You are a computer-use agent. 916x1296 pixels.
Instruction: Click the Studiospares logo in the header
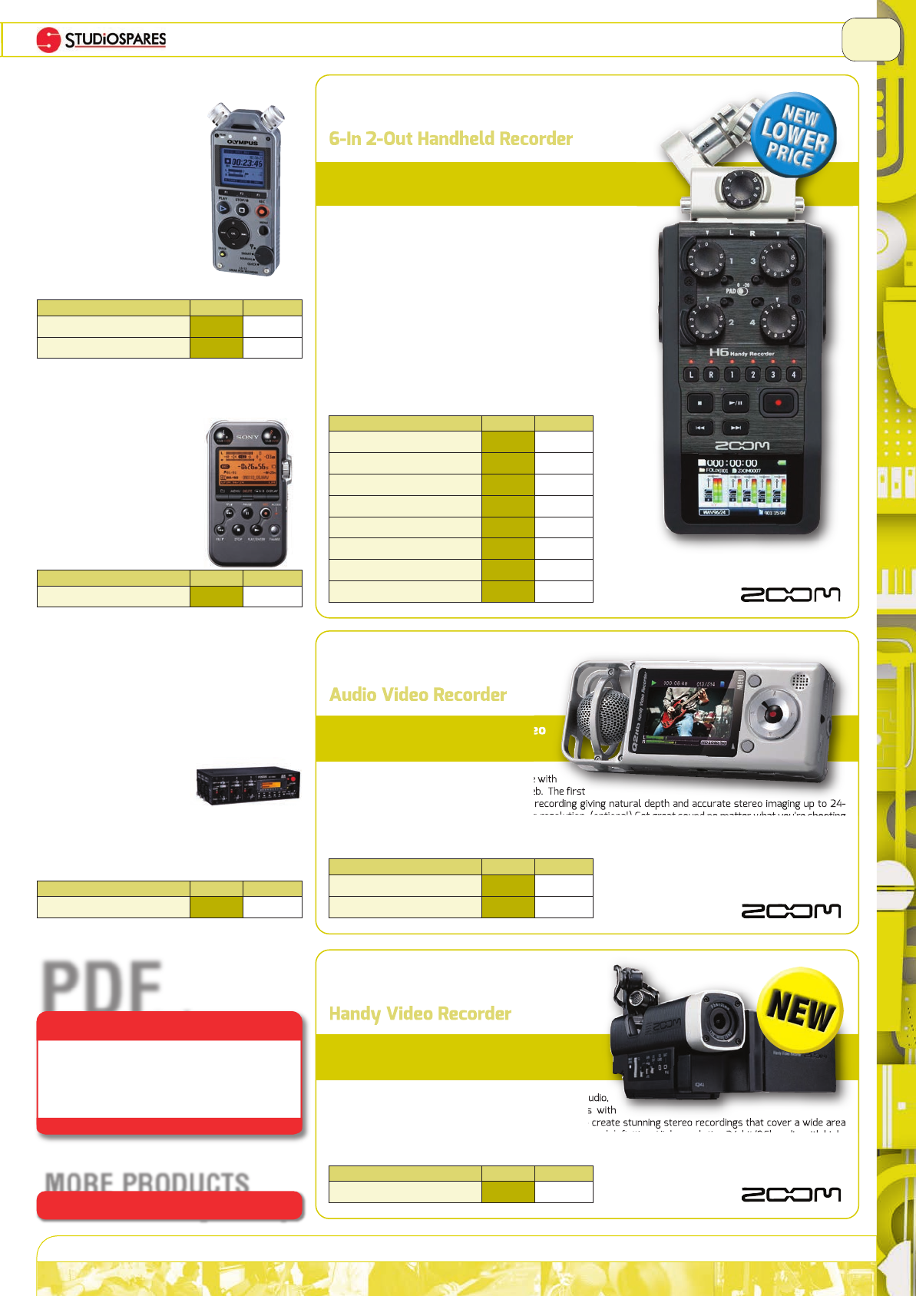[101, 39]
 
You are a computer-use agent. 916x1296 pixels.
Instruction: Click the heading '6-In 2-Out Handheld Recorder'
[451, 139]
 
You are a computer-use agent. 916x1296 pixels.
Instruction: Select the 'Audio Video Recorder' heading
[418, 695]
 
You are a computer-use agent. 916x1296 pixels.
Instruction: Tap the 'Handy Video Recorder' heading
[420, 1013]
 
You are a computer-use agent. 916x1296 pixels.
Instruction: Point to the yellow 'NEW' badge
[800, 1009]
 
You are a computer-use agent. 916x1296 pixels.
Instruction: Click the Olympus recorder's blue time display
[243, 166]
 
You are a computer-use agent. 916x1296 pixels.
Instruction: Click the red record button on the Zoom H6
[778, 402]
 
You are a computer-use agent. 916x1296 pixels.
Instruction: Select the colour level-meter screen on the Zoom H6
[742, 492]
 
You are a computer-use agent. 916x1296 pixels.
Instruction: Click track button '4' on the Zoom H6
[793, 375]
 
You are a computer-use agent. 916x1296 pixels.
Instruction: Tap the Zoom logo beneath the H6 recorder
[790, 594]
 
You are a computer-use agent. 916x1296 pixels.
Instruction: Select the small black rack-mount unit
[248, 785]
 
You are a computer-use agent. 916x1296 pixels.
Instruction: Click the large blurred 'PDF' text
[103, 987]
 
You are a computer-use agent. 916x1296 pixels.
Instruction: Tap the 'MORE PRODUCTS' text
[147, 1181]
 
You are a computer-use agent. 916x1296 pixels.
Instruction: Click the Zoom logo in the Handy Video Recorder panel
[790, 1194]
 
